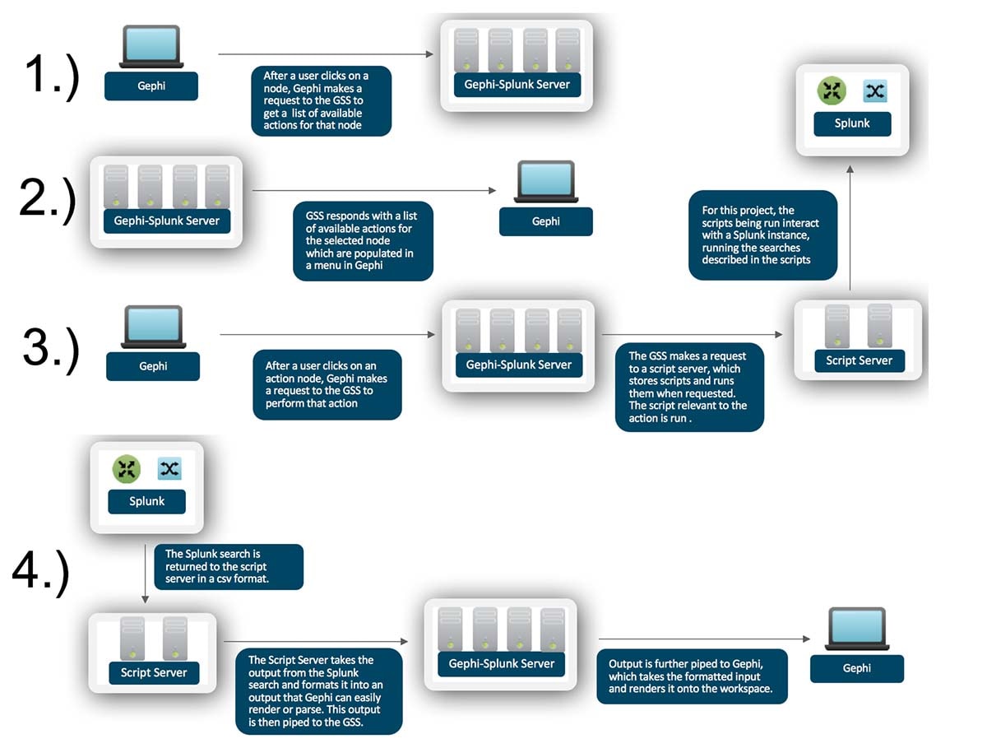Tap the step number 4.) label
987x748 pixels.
tap(41, 572)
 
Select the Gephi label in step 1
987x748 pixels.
tap(151, 86)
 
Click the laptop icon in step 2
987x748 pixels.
tap(546, 182)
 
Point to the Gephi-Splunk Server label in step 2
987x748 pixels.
tap(167, 221)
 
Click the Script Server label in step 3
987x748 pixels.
tap(860, 360)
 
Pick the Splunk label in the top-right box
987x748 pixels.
tap(852, 123)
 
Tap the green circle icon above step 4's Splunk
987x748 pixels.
tap(127, 469)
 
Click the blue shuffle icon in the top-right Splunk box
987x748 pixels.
tap(875, 91)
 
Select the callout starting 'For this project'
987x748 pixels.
tap(762, 235)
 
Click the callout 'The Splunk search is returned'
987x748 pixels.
tap(229, 567)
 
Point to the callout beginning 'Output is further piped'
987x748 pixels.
tap(692, 676)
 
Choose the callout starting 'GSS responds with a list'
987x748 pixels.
tap(363, 241)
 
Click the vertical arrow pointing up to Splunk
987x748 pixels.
tap(850, 228)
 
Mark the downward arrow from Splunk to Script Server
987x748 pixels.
tap(146, 574)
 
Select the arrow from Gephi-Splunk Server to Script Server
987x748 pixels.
tap(692, 335)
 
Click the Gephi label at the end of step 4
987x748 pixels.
tap(856, 668)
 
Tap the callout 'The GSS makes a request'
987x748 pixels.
tap(689, 388)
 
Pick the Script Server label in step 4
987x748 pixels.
tap(154, 673)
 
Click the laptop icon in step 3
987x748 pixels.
tap(153, 327)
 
